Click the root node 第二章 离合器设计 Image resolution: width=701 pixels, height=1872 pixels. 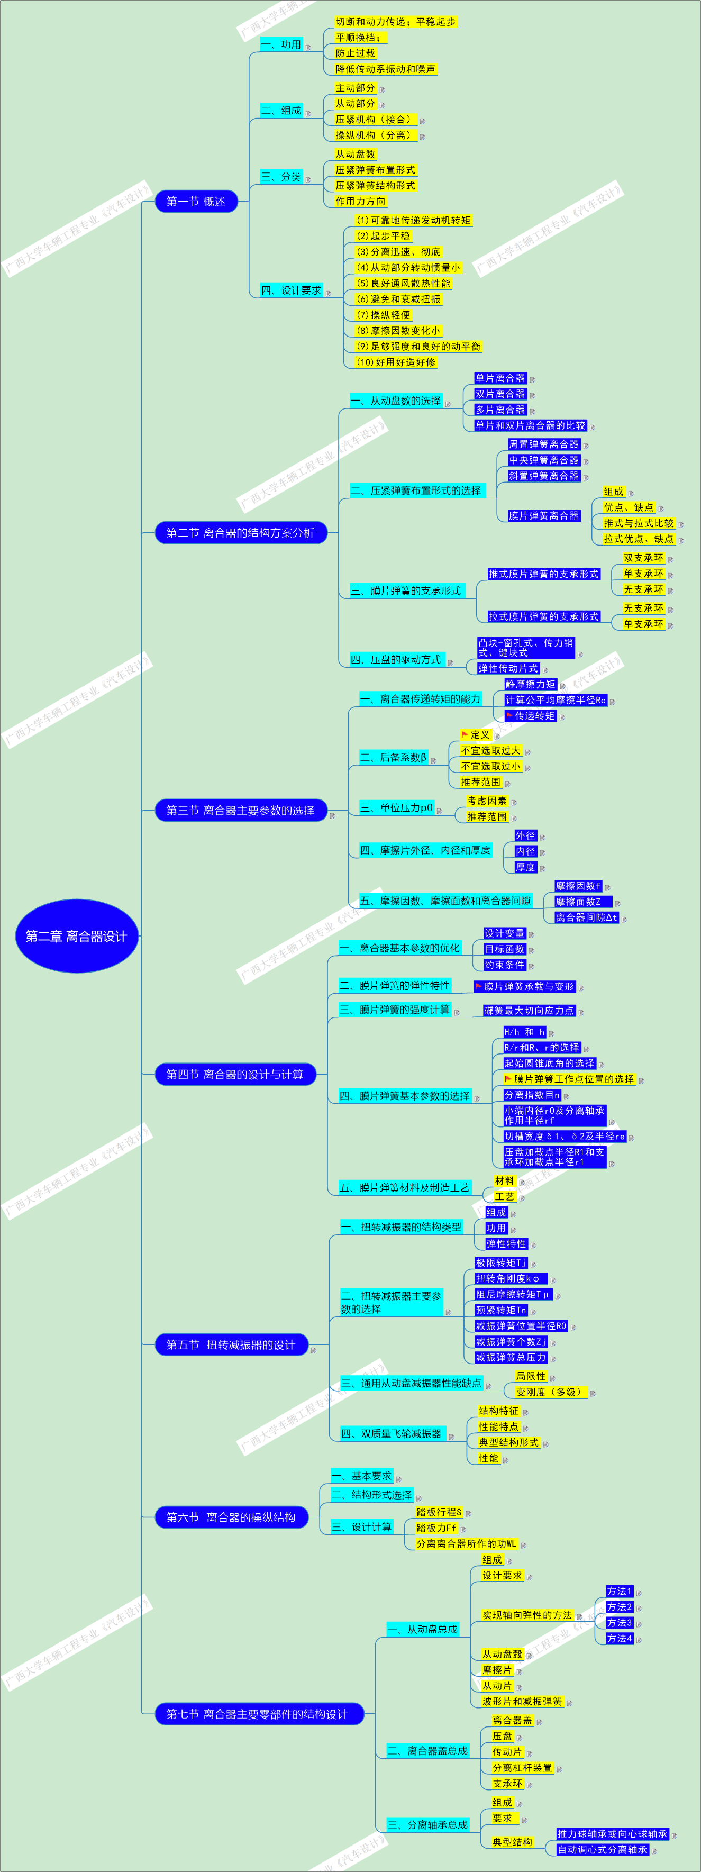76,936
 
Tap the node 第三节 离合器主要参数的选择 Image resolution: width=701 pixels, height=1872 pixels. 240,810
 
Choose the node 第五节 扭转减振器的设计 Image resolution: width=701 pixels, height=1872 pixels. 231,1344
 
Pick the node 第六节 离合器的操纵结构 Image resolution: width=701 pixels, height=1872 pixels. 231,1517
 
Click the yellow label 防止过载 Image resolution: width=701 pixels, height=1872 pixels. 355,53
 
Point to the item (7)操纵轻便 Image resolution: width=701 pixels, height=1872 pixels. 384,315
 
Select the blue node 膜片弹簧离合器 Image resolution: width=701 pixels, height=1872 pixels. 544,515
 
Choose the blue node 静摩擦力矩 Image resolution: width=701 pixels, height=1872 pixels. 530,684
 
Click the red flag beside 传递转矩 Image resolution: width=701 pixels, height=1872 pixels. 509,715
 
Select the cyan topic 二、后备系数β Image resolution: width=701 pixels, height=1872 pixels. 393,757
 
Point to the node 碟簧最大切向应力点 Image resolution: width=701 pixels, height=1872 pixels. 529,1010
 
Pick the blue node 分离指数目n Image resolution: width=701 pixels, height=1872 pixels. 532,1094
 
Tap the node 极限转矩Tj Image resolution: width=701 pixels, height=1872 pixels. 501,1263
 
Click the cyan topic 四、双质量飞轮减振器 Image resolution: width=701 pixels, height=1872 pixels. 392,1434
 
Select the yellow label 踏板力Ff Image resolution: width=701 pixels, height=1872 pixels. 436,1528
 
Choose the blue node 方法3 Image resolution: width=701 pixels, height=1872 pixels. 620,1623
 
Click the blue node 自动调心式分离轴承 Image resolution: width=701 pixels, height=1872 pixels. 602,1849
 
